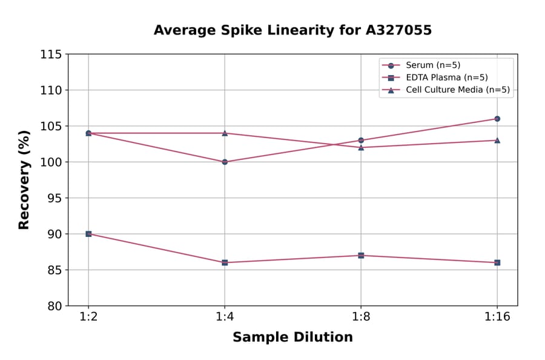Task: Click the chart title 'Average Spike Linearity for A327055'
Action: tap(292, 30)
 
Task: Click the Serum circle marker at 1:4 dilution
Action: tap(225, 162)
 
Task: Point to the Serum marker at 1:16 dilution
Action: tap(497, 119)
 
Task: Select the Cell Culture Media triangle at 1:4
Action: tap(225, 133)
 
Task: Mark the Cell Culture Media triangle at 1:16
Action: tap(497, 140)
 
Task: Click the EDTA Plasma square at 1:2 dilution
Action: tap(88, 234)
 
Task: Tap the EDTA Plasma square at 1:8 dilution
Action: tap(361, 255)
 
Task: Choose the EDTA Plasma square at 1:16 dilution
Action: tap(497, 262)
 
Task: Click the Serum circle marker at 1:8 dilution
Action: tap(361, 140)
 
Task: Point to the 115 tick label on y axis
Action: tap(51, 55)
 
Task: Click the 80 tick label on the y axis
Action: tap(54, 306)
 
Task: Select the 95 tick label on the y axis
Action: tap(54, 198)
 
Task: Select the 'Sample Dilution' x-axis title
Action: tap(292, 338)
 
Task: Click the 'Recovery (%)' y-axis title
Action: tap(24, 180)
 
